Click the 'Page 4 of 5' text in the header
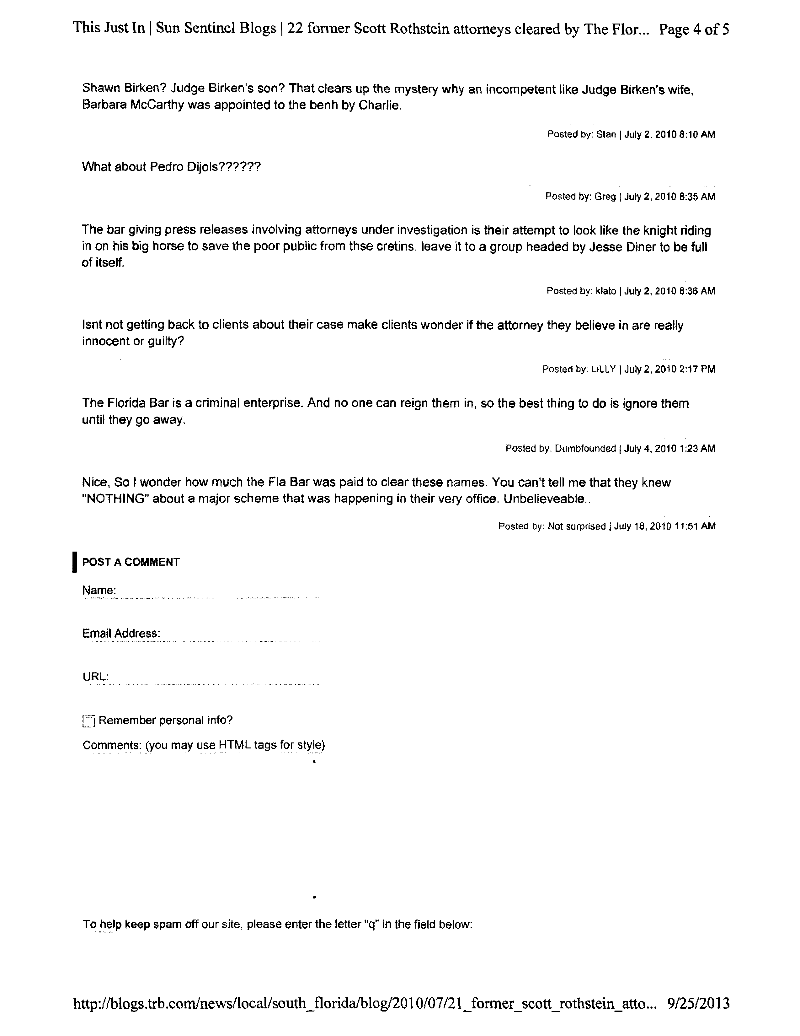[x=694, y=30]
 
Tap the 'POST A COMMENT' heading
[x=131, y=562]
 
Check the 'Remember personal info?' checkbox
[x=88, y=721]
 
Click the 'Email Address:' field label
[x=121, y=634]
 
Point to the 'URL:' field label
[x=96, y=677]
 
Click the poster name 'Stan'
[x=606, y=134]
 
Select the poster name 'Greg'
[x=605, y=197]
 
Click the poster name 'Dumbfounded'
[x=585, y=449]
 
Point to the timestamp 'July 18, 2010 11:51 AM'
[x=664, y=526]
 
